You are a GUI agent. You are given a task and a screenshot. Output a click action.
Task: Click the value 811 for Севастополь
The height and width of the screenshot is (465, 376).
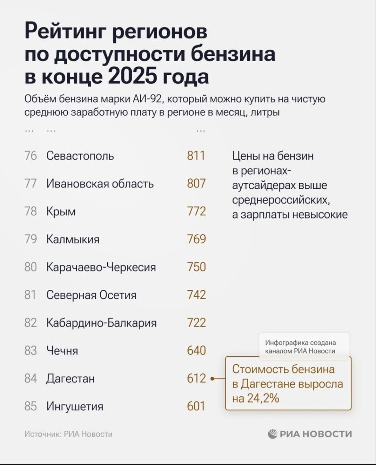click(x=196, y=156)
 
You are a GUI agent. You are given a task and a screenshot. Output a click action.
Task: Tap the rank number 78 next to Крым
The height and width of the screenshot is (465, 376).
click(x=31, y=212)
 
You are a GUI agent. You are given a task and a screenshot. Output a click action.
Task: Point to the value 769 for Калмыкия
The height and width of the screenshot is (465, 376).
click(x=196, y=239)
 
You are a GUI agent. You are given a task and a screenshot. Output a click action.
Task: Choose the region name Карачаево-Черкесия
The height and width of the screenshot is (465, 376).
click(x=101, y=267)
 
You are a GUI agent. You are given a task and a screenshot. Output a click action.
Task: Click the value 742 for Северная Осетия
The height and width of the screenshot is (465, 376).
click(x=196, y=295)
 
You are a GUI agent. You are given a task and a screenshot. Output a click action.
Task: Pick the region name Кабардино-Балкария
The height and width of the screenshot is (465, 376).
click(x=101, y=323)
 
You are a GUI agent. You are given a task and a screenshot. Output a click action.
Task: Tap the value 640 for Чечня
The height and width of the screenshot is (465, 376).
click(x=196, y=351)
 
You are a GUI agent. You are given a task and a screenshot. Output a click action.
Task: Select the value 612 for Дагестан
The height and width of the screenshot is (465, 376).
click(x=196, y=378)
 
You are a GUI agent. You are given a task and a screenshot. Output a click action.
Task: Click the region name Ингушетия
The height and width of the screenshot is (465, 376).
click(x=75, y=406)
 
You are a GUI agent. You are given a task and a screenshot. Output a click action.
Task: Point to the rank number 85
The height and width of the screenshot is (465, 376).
click(x=31, y=406)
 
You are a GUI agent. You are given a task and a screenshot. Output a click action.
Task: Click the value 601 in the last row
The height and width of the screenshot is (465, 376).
click(x=196, y=406)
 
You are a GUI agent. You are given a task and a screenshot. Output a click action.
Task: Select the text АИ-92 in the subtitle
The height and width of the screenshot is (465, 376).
click(x=144, y=99)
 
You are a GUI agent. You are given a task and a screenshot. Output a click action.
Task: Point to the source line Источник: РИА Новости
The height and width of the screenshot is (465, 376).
click(x=68, y=434)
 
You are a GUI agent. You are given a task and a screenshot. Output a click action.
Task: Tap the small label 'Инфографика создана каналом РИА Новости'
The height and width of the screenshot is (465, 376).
click(x=300, y=347)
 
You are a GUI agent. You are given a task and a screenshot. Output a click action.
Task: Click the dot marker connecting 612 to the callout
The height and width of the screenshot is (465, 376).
click(x=212, y=379)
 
